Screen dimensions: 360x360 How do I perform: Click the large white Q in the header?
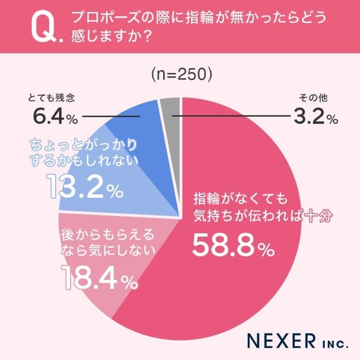pyautogui.click(x=40, y=28)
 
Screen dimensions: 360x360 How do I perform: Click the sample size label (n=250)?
pyautogui.click(x=179, y=74)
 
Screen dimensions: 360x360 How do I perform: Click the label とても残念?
pyautogui.click(x=51, y=99)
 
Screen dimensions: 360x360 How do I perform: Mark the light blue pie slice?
pyautogui.click(x=141, y=180)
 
